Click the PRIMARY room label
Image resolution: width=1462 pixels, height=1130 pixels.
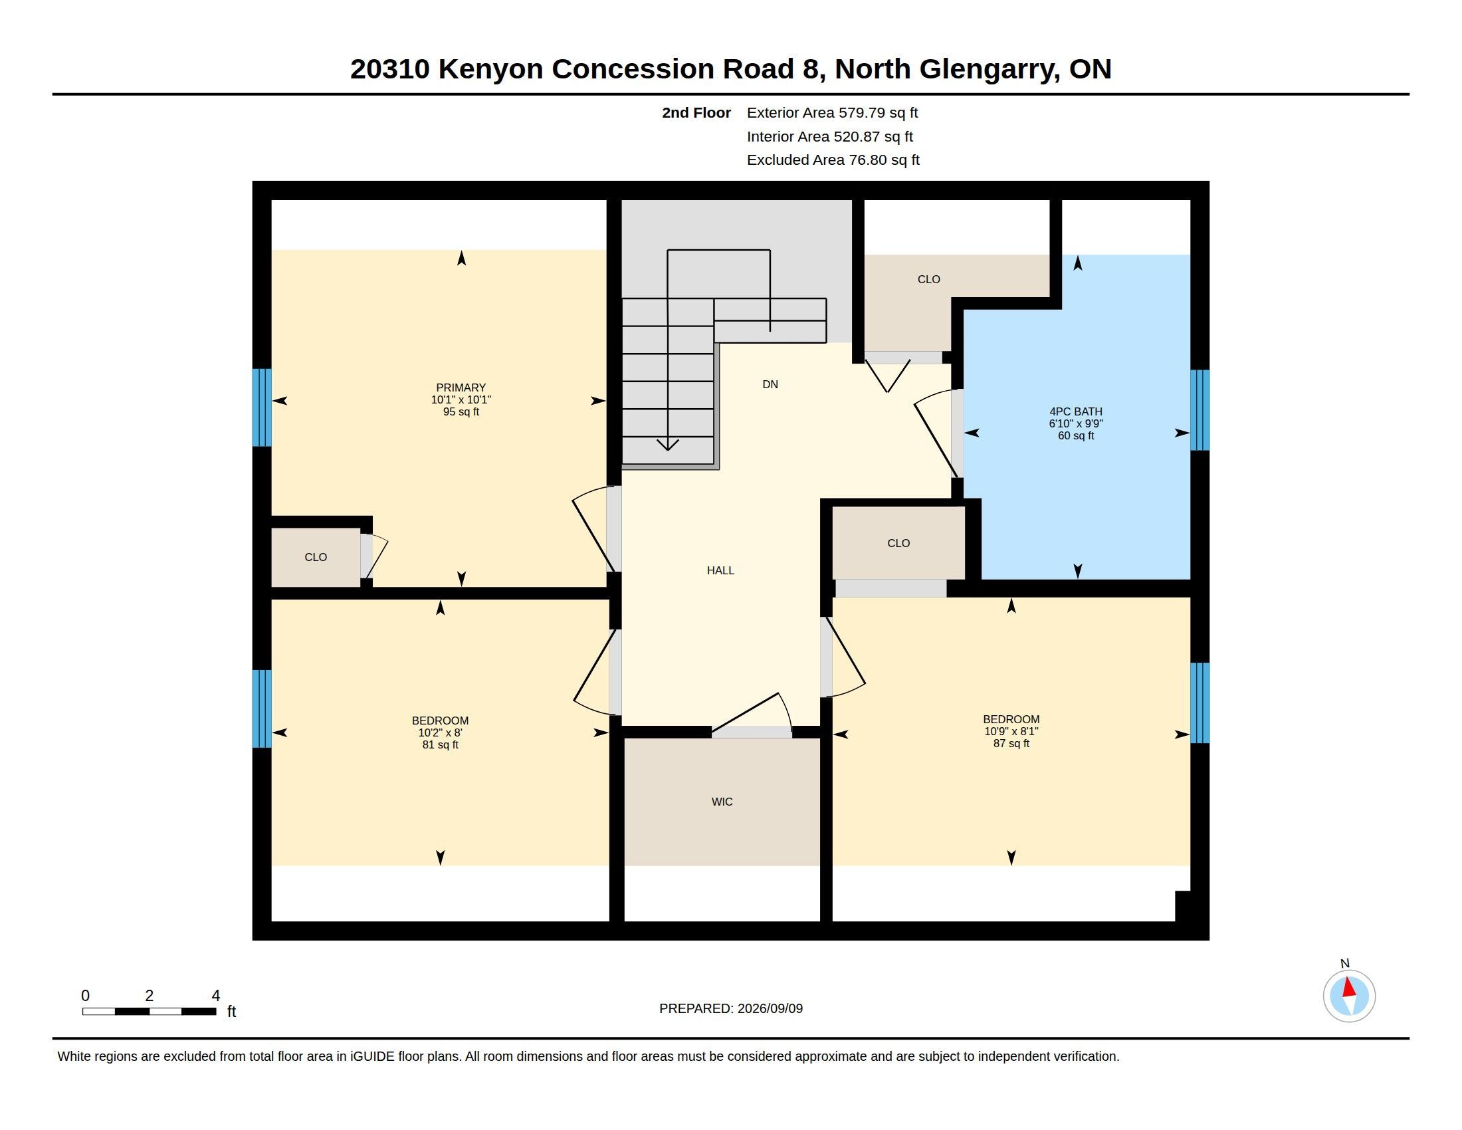pos(461,388)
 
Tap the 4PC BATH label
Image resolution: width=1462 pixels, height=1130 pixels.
pos(1076,411)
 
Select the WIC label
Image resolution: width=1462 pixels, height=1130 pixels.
pos(722,802)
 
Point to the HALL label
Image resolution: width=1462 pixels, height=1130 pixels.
pos(720,570)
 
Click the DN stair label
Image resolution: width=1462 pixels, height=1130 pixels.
pos(770,384)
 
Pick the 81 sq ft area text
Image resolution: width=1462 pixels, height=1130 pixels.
pos(440,744)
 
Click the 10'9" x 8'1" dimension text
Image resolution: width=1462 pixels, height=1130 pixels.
pos(1011,731)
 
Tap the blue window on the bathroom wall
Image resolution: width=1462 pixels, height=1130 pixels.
pos(1200,409)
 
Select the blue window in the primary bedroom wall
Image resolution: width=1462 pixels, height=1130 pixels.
pos(262,407)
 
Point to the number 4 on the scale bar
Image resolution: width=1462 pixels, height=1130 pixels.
pos(215,996)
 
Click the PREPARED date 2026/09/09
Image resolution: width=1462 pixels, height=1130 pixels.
pos(770,1008)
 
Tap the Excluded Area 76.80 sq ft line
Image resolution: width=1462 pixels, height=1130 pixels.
pos(833,160)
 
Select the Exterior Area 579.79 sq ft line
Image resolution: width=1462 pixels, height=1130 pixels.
pos(832,112)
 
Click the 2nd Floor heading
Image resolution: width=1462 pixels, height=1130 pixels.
pos(696,112)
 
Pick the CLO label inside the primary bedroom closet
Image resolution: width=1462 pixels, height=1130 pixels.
pos(315,557)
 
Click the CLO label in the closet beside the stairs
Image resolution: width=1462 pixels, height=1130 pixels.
pos(928,279)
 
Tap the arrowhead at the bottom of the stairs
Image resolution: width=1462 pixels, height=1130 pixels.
pos(667,445)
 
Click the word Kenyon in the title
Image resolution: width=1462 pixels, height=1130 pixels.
pos(490,69)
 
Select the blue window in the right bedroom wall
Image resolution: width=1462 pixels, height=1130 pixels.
pos(1200,703)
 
